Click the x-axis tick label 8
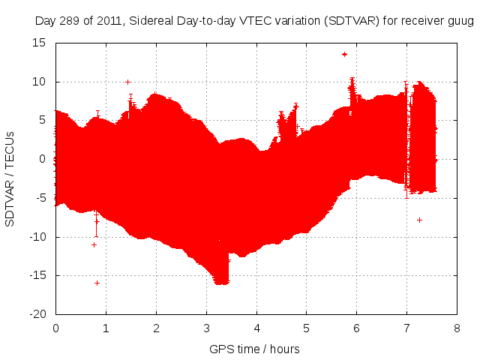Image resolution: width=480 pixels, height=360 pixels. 457,328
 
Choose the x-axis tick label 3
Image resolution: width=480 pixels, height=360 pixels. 206,328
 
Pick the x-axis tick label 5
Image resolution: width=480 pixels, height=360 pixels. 306,328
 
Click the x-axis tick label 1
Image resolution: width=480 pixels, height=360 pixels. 106,328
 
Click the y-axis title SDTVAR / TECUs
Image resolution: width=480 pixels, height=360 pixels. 10,178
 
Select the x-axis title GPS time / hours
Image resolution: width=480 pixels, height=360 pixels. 255,349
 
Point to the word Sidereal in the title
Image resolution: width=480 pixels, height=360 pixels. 149,20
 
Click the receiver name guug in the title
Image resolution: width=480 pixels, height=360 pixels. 460,20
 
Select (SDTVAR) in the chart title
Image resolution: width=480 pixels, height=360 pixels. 358,20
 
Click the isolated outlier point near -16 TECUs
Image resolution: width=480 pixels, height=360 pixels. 97,283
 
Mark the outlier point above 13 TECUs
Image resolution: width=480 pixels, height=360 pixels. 344,54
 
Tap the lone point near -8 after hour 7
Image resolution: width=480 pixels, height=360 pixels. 419,220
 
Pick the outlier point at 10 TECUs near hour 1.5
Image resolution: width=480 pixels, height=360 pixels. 128,82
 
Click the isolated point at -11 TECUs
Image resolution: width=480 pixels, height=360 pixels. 94,244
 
